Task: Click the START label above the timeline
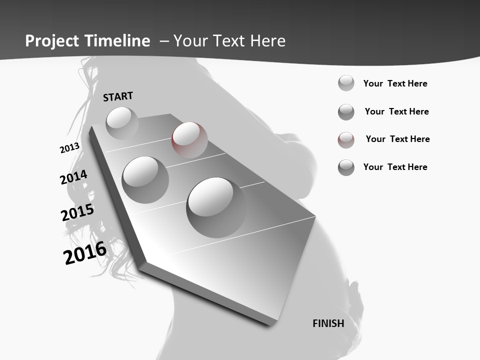[x=118, y=96]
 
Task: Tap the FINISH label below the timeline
[x=328, y=323]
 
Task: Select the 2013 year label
[x=69, y=148]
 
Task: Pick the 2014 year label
[x=74, y=177]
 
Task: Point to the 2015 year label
[x=77, y=212]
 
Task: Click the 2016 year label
[x=85, y=252]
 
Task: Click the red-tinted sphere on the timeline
[x=189, y=139]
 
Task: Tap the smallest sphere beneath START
[x=122, y=123]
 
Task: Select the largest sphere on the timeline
[x=216, y=207]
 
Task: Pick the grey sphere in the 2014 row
[x=145, y=179]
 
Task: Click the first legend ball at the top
[x=346, y=83]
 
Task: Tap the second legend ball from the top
[x=346, y=112]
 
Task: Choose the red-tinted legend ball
[x=346, y=140]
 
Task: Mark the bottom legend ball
[x=346, y=167]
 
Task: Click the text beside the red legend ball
[x=397, y=139]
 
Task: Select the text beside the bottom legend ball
[x=395, y=167]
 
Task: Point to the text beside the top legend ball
[x=395, y=83]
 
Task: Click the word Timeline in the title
[x=118, y=41]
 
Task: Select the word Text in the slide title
[x=229, y=41]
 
